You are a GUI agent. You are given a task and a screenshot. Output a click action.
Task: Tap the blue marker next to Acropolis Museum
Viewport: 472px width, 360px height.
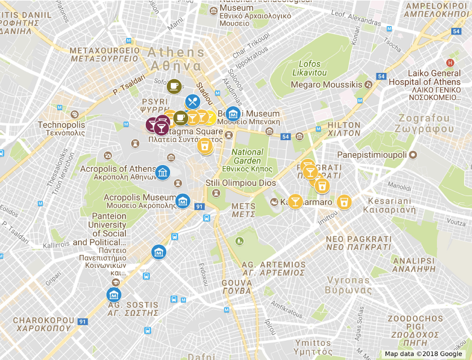(x=183, y=201)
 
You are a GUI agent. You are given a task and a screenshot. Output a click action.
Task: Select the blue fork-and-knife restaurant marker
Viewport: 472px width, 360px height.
(x=192, y=102)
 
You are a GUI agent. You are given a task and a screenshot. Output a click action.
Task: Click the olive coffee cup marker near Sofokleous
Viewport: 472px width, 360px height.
(x=174, y=86)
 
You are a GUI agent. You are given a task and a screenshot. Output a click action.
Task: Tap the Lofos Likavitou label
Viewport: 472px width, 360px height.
(x=310, y=68)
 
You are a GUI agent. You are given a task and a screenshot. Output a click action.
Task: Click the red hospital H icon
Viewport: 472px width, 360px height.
(x=450, y=63)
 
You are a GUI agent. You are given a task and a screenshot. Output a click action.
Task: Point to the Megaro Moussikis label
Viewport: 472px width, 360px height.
(x=326, y=85)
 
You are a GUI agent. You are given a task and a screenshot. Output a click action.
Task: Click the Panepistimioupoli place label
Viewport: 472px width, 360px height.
(x=373, y=155)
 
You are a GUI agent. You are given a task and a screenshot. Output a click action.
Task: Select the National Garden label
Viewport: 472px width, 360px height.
(x=247, y=156)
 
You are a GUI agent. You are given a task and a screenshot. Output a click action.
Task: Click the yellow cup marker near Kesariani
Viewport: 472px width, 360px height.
(x=343, y=202)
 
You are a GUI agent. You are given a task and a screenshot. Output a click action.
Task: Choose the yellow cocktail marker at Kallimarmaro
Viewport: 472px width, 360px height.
(x=295, y=201)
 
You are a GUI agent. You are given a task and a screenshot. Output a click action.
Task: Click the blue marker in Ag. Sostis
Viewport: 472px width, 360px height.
(x=114, y=294)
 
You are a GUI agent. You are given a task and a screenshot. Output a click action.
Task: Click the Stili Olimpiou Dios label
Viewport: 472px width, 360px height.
(x=240, y=183)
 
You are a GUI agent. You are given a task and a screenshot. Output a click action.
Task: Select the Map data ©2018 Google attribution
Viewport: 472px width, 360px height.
(x=423, y=354)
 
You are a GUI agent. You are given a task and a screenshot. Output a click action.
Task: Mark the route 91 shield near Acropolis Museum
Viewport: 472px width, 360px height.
(x=199, y=207)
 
